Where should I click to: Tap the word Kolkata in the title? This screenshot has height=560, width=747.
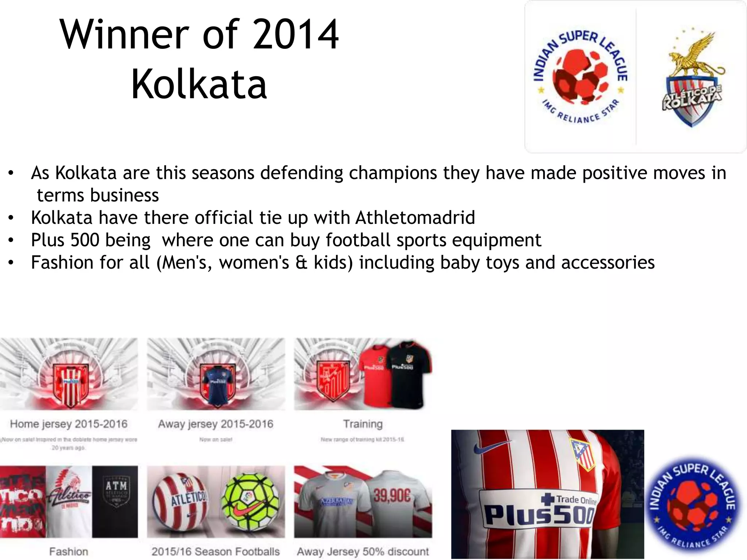coord(199,85)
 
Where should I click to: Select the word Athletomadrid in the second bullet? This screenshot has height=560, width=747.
coord(415,218)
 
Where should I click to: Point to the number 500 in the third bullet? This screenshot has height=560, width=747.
coord(85,240)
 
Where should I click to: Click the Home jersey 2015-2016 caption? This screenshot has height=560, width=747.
coord(69,424)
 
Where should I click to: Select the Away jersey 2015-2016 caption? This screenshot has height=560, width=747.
coord(216,424)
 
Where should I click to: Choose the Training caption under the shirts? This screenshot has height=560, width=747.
coord(363,424)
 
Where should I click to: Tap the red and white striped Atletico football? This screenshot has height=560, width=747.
coord(180,502)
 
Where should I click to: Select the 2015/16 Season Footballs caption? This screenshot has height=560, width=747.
coord(216,552)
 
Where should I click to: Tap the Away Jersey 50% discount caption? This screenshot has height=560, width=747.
coord(363,552)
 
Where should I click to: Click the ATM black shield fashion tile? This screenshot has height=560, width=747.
coord(115,501)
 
